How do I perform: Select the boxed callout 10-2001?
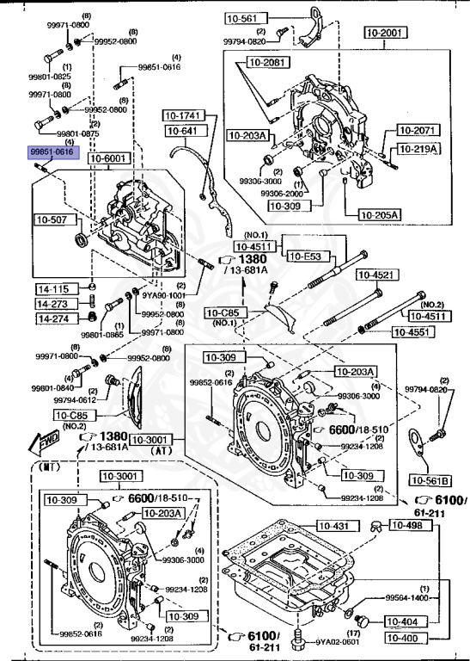tap(384, 33)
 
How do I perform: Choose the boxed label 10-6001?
tap(109, 159)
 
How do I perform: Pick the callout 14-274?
tap(52, 318)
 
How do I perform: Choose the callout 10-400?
tap(401, 639)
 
